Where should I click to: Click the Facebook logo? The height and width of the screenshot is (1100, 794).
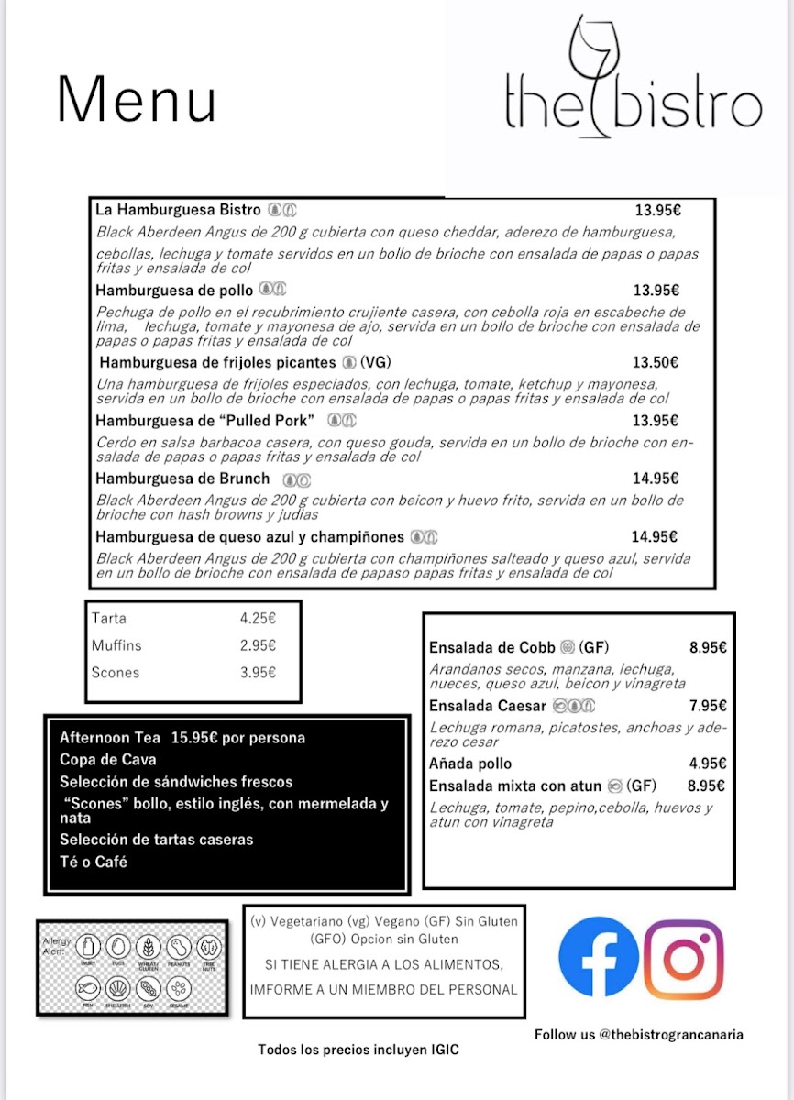(599, 956)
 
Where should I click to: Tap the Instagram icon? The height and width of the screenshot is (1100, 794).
(684, 959)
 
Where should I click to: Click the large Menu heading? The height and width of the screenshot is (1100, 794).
(138, 100)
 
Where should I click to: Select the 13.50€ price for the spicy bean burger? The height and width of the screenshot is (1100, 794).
(656, 362)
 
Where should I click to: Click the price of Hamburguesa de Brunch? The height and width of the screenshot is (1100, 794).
(656, 478)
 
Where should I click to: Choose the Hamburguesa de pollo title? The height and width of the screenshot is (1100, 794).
(174, 291)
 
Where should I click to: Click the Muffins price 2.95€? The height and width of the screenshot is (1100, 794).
(258, 645)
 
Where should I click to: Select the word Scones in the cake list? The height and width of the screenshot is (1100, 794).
(116, 673)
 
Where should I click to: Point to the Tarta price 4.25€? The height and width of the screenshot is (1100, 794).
(258, 619)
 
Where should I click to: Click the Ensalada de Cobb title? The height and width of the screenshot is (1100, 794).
(491, 647)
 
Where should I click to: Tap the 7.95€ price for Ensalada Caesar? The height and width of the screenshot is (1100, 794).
(709, 706)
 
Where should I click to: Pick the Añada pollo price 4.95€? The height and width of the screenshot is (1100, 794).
(709, 764)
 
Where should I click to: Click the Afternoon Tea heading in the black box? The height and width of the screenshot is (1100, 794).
(110, 738)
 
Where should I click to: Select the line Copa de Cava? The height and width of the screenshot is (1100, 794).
(107, 760)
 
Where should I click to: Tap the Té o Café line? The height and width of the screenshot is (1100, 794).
(94, 862)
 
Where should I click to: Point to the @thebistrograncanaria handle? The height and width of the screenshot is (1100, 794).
(671, 1034)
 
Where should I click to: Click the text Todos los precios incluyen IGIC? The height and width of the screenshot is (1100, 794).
(358, 1050)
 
